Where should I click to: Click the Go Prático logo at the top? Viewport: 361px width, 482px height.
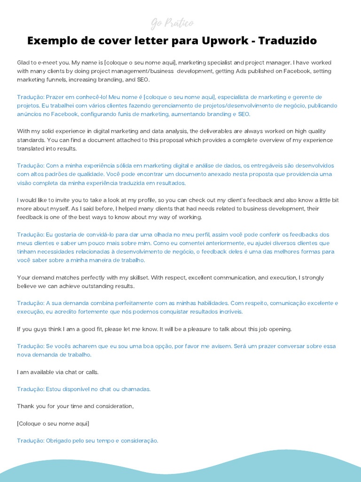[x=172, y=23]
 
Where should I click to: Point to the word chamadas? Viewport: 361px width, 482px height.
[x=136, y=389]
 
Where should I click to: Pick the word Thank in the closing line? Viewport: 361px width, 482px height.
[x=25, y=406]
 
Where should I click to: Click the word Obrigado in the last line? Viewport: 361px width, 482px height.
[x=59, y=441]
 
